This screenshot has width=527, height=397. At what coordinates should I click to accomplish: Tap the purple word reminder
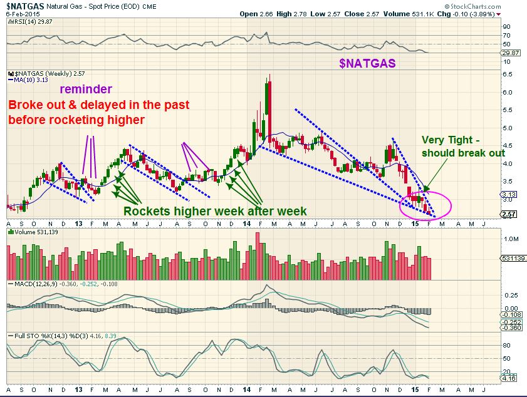coord(86,90)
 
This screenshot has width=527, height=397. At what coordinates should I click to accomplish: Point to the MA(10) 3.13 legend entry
coord(28,80)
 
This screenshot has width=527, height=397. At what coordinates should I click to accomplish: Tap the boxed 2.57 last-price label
coord(509,214)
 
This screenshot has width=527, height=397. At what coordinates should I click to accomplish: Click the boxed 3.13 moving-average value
coord(509,194)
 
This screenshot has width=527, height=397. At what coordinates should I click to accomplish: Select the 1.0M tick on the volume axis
coord(509,239)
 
